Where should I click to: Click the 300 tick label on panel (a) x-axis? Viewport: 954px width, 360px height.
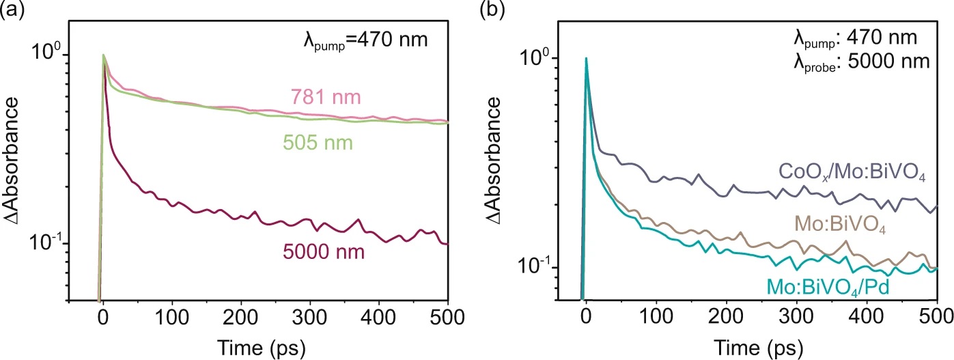(x=310, y=319)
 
